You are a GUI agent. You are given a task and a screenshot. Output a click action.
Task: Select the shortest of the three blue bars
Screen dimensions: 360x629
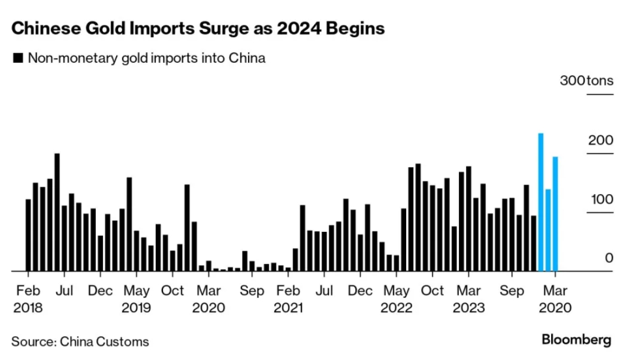click(x=548, y=230)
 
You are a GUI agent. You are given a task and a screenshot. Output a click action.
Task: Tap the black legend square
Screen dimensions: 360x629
click(x=17, y=59)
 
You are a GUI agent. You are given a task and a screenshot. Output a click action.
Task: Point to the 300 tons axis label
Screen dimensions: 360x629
click(x=586, y=81)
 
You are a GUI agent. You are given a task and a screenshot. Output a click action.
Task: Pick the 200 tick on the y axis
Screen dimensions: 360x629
click(x=601, y=141)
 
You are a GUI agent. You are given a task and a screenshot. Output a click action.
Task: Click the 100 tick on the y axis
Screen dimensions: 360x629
click(x=601, y=199)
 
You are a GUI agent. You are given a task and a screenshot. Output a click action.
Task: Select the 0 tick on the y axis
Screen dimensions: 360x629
click(x=609, y=258)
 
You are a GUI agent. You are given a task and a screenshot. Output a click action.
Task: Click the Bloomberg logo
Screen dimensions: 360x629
click(x=576, y=340)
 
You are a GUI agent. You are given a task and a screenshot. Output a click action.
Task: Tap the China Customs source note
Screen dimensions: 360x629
click(x=80, y=342)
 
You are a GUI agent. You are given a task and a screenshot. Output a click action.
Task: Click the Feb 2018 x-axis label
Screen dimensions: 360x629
click(x=28, y=299)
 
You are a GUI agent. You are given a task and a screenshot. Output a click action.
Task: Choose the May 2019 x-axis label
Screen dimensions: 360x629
click(x=136, y=299)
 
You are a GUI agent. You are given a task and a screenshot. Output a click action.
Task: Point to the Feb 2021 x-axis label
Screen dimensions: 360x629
click(x=288, y=299)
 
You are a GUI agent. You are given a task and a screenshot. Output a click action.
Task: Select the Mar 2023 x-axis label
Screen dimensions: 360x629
click(x=468, y=299)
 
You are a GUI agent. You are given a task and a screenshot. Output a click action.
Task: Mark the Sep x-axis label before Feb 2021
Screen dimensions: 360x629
click(x=252, y=291)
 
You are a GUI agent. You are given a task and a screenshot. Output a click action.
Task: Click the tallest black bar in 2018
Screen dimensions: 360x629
click(x=57, y=212)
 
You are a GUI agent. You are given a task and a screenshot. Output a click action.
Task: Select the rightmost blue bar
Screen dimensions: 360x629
click(x=555, y=214)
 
